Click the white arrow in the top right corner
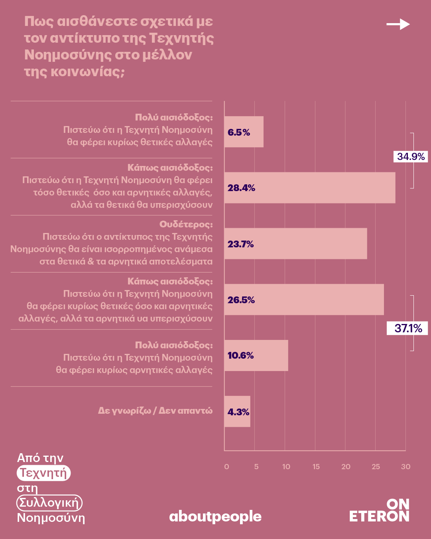[398, 25]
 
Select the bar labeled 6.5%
[244, 132]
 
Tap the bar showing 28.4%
[309, 188]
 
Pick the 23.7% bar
[295, 244]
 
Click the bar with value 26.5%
[304, 300]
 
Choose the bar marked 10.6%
[256, 355]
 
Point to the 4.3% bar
[237, 411]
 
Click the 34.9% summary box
[411, 156]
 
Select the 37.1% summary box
[407, 328]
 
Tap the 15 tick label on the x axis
[316, 467]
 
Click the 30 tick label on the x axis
[405, 467]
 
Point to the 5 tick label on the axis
[256, 467]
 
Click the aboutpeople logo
[215, 516]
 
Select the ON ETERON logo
[379, 510]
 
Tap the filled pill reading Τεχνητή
[44, 473]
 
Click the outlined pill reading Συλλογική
[49, 503]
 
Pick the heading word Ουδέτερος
[186, 224]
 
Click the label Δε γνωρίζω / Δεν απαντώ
[155, 411]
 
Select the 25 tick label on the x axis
[376, 467]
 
